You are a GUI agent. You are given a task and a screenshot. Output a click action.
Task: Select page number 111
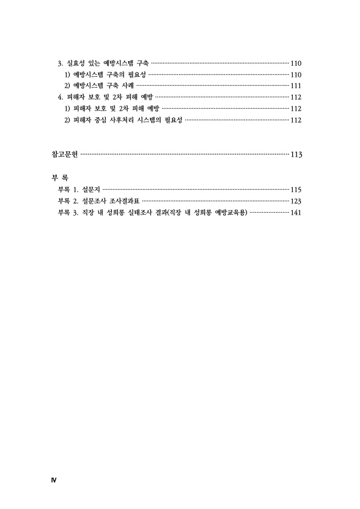coord(296,86)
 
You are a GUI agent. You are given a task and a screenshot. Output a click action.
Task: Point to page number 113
coord(296,155)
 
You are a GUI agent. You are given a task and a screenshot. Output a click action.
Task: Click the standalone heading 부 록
coord(60,178)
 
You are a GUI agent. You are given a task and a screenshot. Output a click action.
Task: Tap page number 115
coord(296,190)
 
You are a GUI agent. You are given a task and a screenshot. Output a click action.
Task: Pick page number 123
coord(296,201)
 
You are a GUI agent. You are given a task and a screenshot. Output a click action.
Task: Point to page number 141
coord(296,213)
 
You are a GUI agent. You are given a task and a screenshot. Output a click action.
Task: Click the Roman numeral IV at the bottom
coord(54,480)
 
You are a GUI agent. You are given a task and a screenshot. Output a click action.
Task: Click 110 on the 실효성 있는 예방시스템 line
coord(296,63)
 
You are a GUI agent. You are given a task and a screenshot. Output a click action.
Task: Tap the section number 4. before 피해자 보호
coord(60,97)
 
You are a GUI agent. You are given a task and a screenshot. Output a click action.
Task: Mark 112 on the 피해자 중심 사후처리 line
coord(296,120)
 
